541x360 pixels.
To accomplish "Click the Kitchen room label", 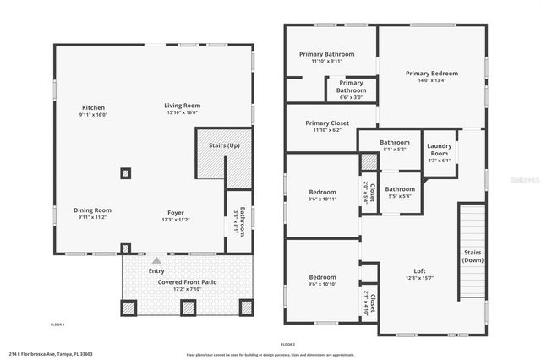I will click(x=93, y=108).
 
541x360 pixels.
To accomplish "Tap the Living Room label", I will click(x=182, y=106).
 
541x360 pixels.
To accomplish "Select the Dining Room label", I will click(x=93, y=210).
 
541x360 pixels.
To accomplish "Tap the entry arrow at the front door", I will click(x=156, y=259).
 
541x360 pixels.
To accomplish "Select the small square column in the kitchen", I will click(x=126, y=174).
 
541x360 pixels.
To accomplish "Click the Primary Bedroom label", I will click(x=431, y=74).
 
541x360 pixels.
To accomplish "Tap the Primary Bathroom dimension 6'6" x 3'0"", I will click(x=351, y=97).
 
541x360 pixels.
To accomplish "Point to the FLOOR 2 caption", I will click(x=287, y=345).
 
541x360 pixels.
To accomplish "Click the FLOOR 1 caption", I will click(x=57, y=325).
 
